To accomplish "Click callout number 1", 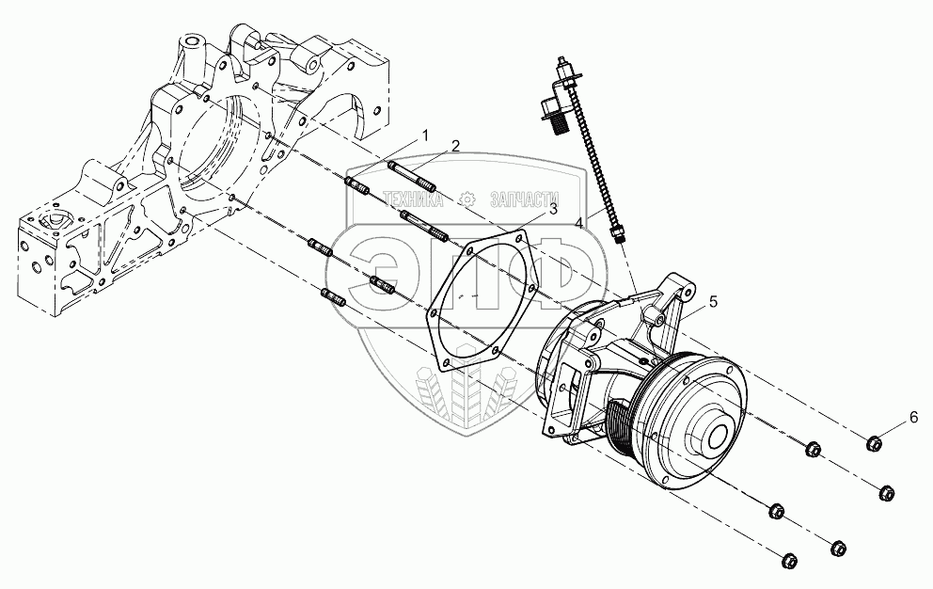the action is click(x=425, y=135).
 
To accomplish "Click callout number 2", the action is click(x=455, y=146).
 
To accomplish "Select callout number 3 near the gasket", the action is click(x=553, y=209).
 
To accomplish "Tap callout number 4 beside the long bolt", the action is click(x=579, y=222).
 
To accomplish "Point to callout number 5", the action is click(x=713, y=302).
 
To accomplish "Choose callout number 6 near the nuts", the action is click(x=913, y=417).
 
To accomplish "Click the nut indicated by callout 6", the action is click(x=874, y=443).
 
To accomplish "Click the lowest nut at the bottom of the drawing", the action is click(x=788, y=561).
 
